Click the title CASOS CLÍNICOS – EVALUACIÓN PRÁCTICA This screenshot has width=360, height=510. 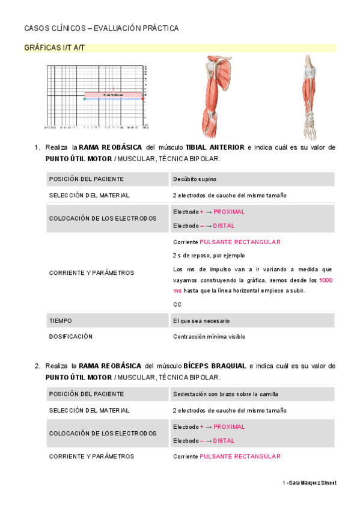101,28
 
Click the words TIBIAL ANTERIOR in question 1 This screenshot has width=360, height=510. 215,147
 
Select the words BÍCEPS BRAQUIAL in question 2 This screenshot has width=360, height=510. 215,366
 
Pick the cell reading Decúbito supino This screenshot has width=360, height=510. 195,179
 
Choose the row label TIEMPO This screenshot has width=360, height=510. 60,321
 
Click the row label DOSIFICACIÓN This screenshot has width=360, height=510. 71,337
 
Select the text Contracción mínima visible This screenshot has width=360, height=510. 209,337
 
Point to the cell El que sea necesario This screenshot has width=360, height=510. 201,321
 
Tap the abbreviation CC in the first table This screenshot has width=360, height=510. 177,304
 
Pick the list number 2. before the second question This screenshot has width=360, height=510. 37,366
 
